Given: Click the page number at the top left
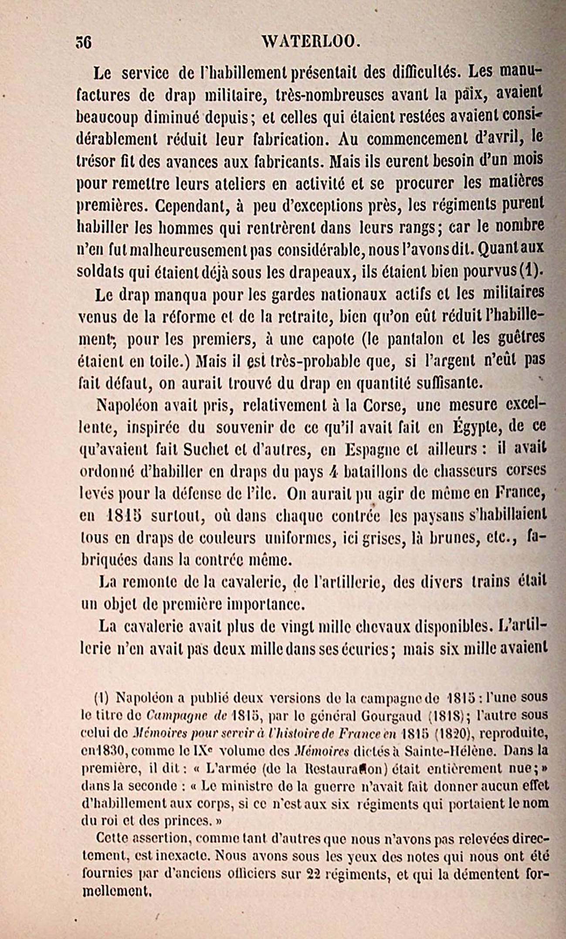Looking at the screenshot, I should click(x=82, y=43).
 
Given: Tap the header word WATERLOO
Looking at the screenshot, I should click(x=311, y=42).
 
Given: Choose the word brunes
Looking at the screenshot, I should click(x=452, y=538).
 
